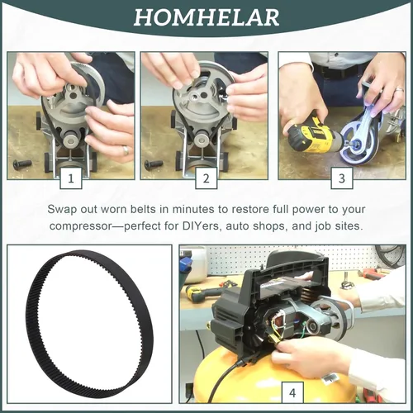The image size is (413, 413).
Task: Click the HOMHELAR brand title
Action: pyautogui.click(x=206, y=17)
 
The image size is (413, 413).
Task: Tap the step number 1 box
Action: pyautogui.click(x=71, y=178)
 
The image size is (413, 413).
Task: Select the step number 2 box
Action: pyautogui.click(x=206, y=178)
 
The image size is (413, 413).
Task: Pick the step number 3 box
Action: pyautogui.click(x=342, y=178)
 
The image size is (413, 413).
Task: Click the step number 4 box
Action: pyautogui.click(x=292, y=392)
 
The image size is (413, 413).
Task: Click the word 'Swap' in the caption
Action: pyautogui.click(x=62, y=210)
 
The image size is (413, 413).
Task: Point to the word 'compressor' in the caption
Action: pyautogui.click(x=81, y=226)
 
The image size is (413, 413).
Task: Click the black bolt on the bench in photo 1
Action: pyautogui.click(x=22, y=164)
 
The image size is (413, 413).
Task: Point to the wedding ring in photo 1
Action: pyautogui.click(x=126, y=150)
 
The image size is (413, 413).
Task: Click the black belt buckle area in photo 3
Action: pyautogui.click(x=329, y=74)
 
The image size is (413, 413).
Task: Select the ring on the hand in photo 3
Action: pyautogui.click(x=399, y=90)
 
